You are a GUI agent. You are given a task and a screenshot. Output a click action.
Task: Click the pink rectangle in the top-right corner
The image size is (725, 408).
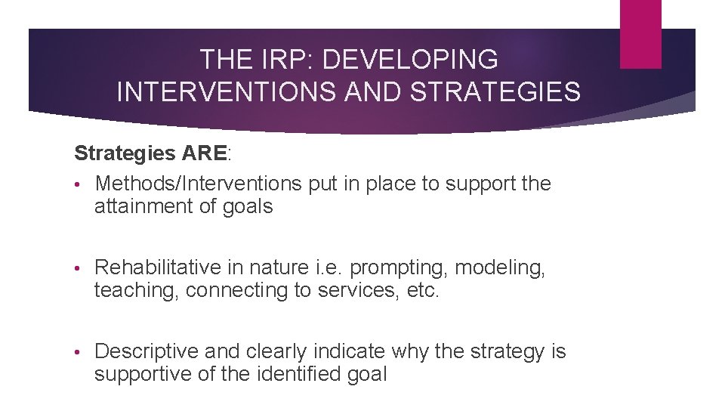tap(640, 33)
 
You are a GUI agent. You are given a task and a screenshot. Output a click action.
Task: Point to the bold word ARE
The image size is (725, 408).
tap(204, 153)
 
